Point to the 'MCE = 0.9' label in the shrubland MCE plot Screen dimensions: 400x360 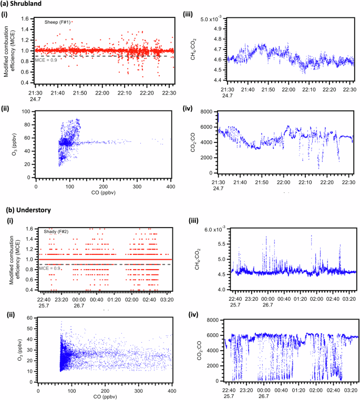click(46, 60)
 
